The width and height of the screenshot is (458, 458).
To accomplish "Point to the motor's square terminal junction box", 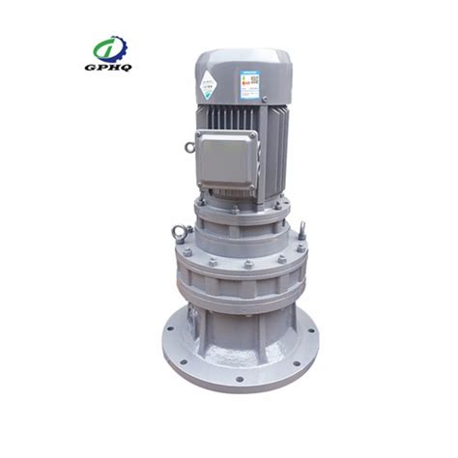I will tap(227, 157).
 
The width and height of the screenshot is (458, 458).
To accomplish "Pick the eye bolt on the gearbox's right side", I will tap(301, 231).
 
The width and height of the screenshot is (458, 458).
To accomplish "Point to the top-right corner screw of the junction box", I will tap(253, 138).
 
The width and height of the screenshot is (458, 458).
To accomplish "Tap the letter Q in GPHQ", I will tap(129, 70).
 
